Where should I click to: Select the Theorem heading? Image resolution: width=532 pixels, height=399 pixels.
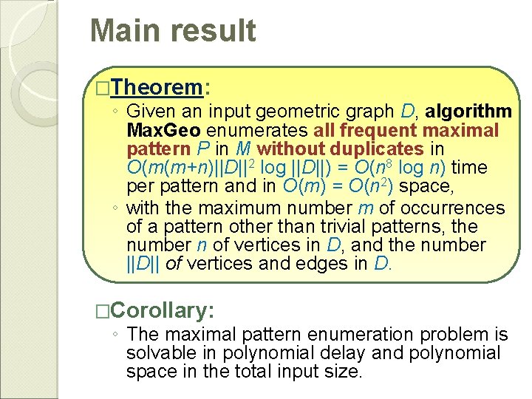pyautogui.click(x=158, y=88)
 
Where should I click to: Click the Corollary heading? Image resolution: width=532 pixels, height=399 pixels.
pyautogui.click(x=165, y=309)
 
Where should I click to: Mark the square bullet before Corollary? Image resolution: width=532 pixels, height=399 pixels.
pyautogui.click(x=102, y=310)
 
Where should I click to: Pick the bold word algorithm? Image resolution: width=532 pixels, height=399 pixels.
pyautogui.click(x=468, y=112)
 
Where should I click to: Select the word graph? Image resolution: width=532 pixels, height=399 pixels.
pyautogui.click(x=375, y=112)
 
